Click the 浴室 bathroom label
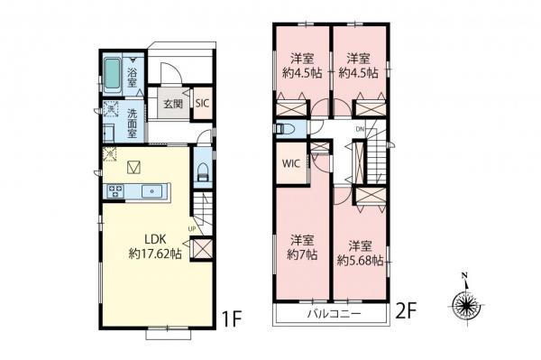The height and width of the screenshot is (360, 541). (132, 77)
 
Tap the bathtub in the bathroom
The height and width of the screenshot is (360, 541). (112, 71)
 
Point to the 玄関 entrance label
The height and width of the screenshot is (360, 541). (171, 104)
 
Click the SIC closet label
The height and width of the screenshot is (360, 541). (202, 104)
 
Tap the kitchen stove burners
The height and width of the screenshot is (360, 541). (116, 190)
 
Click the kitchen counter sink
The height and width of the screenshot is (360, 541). (151, 190)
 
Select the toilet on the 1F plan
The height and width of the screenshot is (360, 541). (202, 171)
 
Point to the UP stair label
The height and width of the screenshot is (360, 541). (192, 228)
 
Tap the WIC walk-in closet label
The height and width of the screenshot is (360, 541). (290, 165)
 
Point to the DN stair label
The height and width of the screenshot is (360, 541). (361, 129)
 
